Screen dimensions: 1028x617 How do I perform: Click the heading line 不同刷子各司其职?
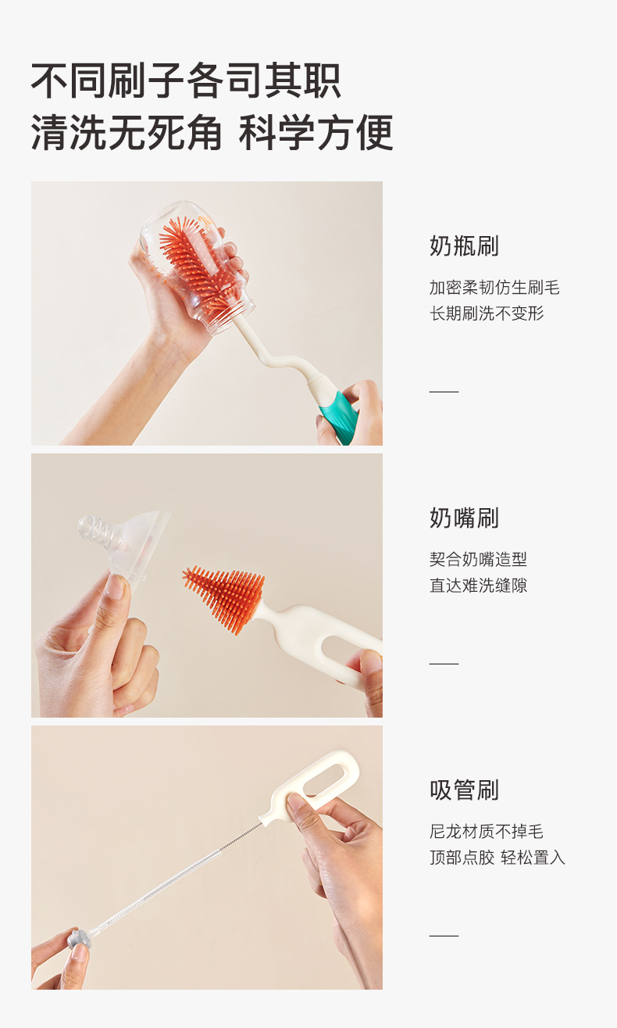click(186, 81)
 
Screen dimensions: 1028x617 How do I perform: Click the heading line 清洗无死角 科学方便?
click(212, 132)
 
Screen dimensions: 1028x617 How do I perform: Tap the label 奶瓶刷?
click(464, 246)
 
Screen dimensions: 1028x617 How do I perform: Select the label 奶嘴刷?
click(464, 518)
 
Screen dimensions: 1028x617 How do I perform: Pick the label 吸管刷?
click(464, 790)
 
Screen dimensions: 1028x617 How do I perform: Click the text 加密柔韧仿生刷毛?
click(494, 288)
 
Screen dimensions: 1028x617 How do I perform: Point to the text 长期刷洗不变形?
click(487, 313)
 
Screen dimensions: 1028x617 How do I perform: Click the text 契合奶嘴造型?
click(478, 559)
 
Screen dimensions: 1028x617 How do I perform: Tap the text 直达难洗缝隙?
click(478, 585)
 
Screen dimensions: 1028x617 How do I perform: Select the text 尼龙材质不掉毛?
click(487, 832)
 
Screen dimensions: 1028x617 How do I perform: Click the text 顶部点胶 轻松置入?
click(497, 858)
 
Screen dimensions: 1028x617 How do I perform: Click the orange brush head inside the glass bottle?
click(192, 260)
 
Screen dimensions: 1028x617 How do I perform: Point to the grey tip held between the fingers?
click(78, 939)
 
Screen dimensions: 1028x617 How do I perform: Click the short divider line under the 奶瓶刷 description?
click(444, 391)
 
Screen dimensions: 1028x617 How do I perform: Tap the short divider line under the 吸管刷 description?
click(444, 935)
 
